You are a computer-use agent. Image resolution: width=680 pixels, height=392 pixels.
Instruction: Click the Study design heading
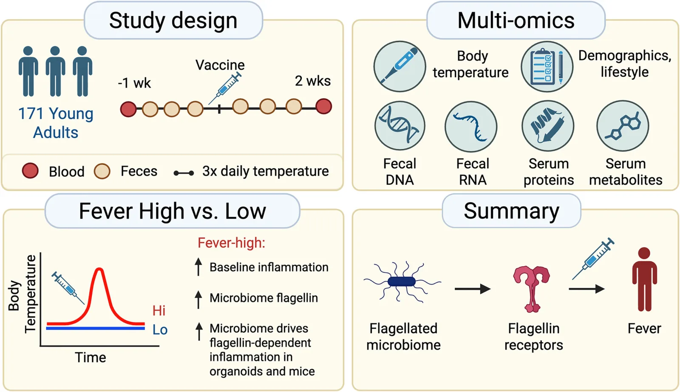[x=173, y=21]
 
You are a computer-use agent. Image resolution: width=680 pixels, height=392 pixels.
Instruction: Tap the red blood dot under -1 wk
[x=128, y=109]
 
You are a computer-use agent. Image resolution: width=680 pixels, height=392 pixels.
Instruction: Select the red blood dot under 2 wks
[x=323, y=106]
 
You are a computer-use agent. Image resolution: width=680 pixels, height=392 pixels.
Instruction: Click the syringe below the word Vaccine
[x=225, y=88]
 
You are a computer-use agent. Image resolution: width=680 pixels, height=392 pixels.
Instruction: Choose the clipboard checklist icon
[x=547, y=67]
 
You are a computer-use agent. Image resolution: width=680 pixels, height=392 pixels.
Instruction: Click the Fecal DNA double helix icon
[x=400, y=126]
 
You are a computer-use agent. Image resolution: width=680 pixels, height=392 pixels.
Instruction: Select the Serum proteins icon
[x=548, y=126]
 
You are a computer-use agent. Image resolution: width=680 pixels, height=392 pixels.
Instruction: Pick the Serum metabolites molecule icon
[x=623, y=126]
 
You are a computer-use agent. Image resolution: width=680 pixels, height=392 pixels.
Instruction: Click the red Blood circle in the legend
[x=30, y=170]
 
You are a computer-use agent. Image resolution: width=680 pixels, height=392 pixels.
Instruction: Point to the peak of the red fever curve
[x=99, y=269]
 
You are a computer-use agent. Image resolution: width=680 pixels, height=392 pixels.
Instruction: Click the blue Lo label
[x=160, y=330]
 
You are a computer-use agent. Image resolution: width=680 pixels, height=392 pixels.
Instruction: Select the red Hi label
[x=159, y=310]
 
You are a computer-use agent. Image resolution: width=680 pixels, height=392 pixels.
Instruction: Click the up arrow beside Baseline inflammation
[x=198, y=267]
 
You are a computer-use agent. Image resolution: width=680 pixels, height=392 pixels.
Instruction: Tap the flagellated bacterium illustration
[x=402, y=282]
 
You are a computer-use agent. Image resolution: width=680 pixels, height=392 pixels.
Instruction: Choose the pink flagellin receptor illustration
[x=532, y=289]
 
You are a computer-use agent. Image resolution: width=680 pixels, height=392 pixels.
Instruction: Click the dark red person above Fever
[x=644, y=279]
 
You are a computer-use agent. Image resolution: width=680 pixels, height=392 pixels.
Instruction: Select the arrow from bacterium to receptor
[x=473, y=289]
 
